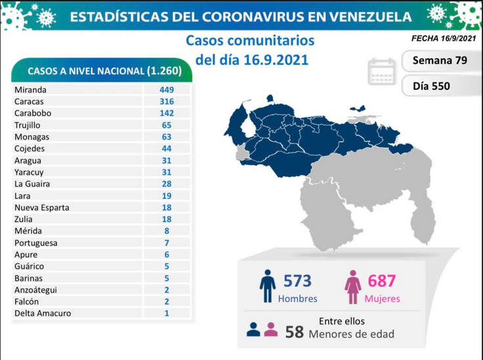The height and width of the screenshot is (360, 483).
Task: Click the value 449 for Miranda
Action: point(167,90)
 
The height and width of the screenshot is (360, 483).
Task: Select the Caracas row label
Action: point(29,102)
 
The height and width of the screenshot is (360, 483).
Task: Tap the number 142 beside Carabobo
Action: point(167,113)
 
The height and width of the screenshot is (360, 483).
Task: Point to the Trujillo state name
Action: point(27,125)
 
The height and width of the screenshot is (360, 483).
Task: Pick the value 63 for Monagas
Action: point(167,137)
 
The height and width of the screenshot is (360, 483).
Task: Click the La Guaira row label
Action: point(32,184)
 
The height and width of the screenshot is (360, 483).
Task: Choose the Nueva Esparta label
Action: point(42,208)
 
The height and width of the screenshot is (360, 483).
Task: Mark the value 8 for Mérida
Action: point(167,231)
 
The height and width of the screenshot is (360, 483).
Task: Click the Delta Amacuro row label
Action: point(43,313)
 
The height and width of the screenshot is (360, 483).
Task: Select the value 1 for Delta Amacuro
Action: point(167,313)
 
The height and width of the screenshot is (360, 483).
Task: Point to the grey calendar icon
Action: point(382,71)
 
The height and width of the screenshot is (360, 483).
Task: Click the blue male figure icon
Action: point(267,286)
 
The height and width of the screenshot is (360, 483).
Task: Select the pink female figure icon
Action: point(352,287)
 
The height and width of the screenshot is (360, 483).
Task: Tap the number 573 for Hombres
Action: point(297,281)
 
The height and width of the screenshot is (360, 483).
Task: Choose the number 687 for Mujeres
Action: point(382,281)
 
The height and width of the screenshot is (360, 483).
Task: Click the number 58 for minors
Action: point(295,332)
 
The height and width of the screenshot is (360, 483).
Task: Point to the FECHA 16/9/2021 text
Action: point(444,38)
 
